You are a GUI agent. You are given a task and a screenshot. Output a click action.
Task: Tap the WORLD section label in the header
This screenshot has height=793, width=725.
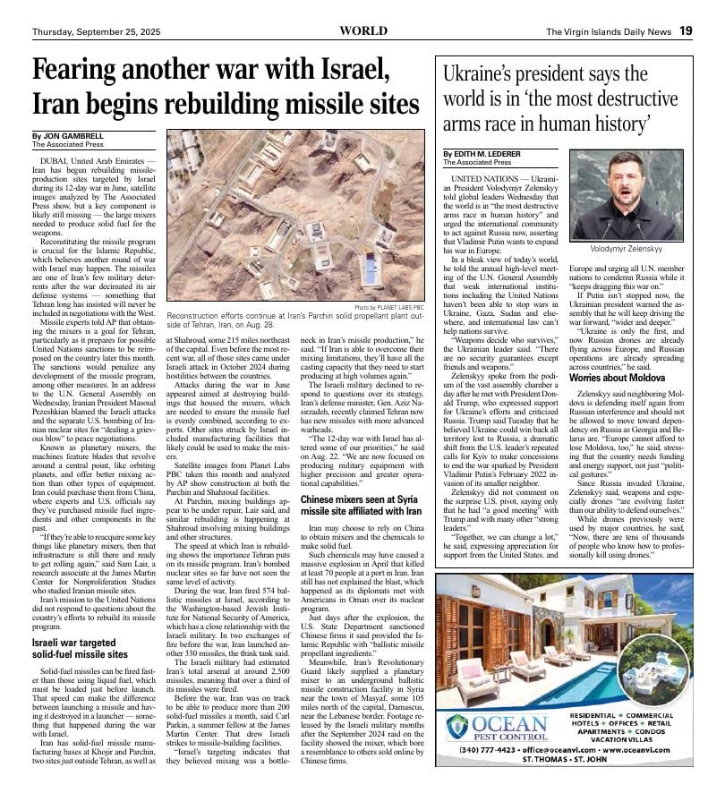click(x=363, y=30)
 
